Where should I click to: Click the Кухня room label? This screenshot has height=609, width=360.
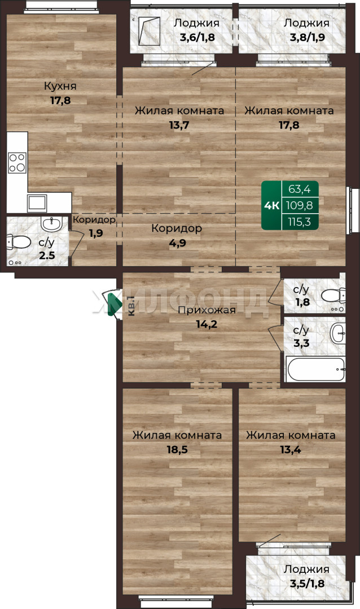(x=60, y=86)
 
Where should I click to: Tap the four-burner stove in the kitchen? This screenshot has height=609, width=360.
(x=17, y=163)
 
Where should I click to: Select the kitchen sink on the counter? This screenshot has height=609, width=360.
(x=37, y=203)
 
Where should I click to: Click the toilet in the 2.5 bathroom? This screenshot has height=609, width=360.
(x=18, y=242)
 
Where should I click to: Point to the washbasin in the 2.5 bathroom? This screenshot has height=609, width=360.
(x=51, y=224)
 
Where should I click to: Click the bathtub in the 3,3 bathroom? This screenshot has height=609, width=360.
(x=315, y=369)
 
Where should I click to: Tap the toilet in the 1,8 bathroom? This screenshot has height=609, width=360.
(x=333, y=295)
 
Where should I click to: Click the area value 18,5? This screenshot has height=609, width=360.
(x=177, y=449)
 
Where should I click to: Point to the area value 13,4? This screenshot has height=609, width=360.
(x=291, y=449)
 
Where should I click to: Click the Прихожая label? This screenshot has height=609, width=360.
(x=207, y=310)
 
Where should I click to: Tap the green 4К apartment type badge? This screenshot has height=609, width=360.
(x=272, y=205)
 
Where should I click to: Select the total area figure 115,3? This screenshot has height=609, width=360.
(x=300, y=222)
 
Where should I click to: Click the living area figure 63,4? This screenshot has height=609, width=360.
(x=300, y=189)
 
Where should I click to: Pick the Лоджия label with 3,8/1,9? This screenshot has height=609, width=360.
(x=306, y=23)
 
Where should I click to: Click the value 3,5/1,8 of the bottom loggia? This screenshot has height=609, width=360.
(x=307, y=583)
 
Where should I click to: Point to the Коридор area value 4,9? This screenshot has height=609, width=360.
(x=177, y=242)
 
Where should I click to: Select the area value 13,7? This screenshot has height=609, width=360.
(x=179, y=125)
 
